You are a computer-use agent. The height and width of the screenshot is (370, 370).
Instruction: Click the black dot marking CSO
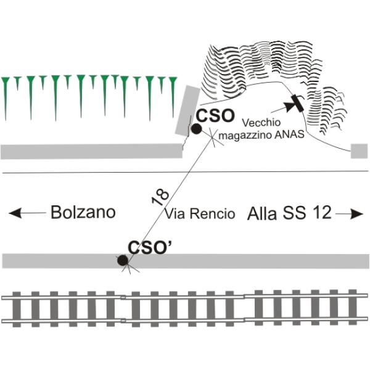pyautogui.click(x=196, y=129)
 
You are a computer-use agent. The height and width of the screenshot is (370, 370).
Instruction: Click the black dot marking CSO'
pyautogui.click(x=123, y=261)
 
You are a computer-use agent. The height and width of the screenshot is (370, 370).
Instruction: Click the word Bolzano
pyautogui.click(x=83, y=213)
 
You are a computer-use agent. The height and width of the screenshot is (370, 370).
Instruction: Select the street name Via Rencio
pyautogui.click(x=200, y=214)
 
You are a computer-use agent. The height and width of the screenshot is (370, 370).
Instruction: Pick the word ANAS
pyautogui.click(x=289, y=134)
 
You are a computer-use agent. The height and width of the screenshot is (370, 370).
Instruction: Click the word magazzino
pyautogui.click(x=246, y=134)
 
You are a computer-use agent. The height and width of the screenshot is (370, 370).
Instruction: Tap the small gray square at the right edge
pyautogui.click(x=360, y=151)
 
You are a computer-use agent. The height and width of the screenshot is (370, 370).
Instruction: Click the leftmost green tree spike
pyautogui.click(x=6, y=92)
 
